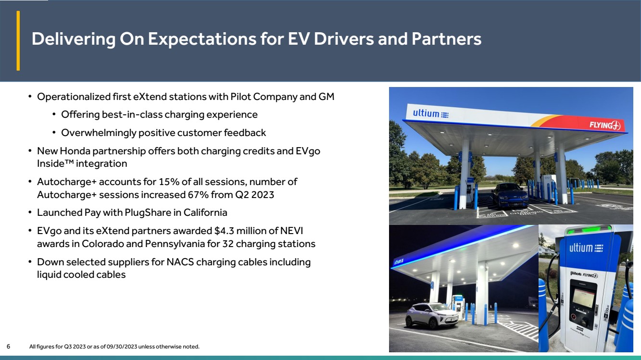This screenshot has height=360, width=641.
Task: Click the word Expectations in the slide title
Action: point(202,39)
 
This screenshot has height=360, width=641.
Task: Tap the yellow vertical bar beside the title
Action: point(18,40)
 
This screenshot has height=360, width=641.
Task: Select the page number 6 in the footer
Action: point(8,347)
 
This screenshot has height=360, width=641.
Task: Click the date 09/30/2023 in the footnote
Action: point(122,347)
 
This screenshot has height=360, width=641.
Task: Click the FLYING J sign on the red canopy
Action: point(604,125)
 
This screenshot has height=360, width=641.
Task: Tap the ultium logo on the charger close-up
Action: point(586,248)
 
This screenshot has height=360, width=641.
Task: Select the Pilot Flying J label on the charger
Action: point(584,274)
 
